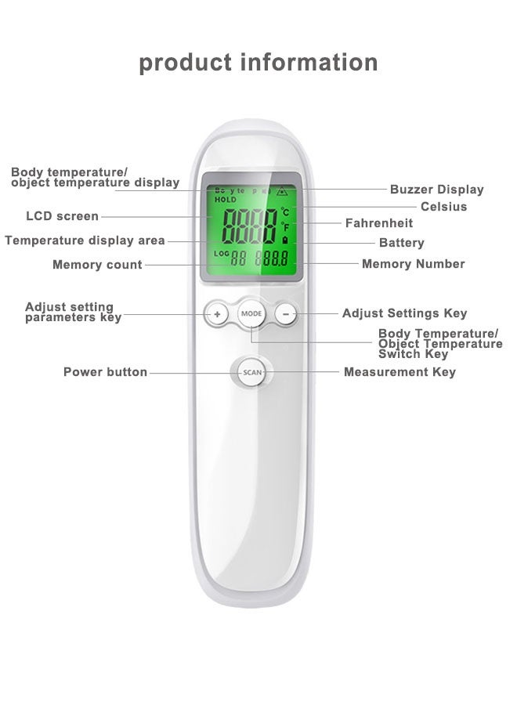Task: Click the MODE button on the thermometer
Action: (x=252, y=313)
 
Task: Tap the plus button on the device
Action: (x=217, y=314)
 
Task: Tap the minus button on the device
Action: (x=287, y=314)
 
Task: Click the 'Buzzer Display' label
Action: (x=436, y=190)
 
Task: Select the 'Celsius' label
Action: (x=443, y=207)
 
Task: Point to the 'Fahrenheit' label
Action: (x=379, y=224)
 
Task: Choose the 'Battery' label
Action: (x=401, y=243)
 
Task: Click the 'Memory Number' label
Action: (x=413, y=264)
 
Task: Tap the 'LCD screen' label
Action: (x=63, y=216)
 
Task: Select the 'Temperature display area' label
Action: (x=85, y=240)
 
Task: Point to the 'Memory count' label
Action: (x=97, y=265)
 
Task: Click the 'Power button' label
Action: (x=105, y=372)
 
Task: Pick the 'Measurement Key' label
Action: (x=399, y=372)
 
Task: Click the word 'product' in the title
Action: (x=185, y=62)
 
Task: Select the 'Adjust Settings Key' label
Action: (x=404, y=313)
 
